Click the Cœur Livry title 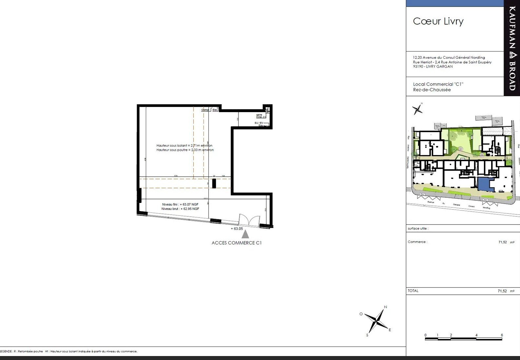(438, 21)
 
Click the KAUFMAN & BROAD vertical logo (512, 48)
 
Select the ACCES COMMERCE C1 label (237, 243)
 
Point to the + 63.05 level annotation (237, 229)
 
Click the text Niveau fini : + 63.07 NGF (180, 204)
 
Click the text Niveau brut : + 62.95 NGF (180, 209)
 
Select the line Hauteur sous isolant (184, 145)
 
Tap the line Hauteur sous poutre (185, 150)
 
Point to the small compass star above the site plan (417, 109)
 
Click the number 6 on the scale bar (502, 335)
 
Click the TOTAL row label (413, 291)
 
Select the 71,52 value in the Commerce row (503, 242)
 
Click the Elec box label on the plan (215, 110)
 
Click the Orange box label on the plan (205, 110)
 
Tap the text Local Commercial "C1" (438, 84)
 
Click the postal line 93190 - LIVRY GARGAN (433, 67)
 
